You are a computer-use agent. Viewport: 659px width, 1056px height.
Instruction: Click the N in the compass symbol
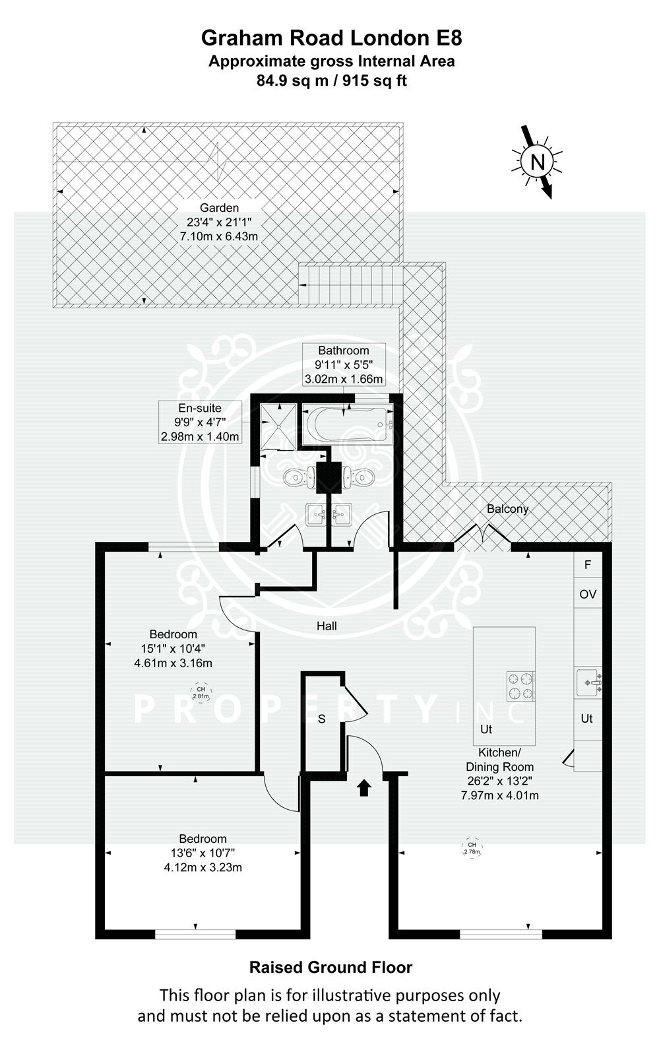point(537,162)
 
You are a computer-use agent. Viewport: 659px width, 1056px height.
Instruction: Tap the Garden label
point(219,207)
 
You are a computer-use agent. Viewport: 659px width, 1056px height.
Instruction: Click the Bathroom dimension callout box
point(344,364)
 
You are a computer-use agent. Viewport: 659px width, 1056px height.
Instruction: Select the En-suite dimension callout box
point(200,422)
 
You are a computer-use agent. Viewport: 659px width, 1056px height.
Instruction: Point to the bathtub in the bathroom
point(347,424)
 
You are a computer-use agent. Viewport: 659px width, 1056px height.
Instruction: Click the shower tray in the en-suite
point(279,426)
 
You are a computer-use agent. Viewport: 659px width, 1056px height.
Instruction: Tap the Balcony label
point(507,509)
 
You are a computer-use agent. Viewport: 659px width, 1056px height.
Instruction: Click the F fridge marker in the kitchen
point(587,564)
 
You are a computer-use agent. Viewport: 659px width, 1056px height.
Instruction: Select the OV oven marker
point(588,594)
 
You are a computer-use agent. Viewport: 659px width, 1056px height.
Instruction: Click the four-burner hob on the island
point(520,686)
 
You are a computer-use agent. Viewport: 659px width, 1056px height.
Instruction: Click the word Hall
point(327,626)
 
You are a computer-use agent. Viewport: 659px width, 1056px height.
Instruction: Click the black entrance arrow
point(363,788)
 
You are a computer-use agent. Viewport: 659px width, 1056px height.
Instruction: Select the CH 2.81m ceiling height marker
point(201,692)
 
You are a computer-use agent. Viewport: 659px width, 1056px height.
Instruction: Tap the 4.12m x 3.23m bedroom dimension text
point(203,867)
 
